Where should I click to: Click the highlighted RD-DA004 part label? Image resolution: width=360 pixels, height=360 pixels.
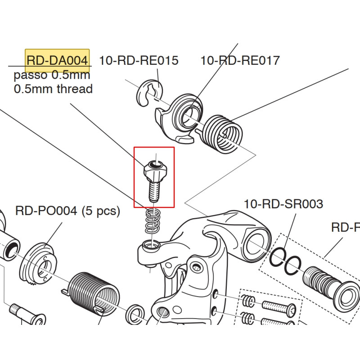click(57, 61)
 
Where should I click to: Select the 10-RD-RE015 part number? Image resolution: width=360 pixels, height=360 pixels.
click(139, 60)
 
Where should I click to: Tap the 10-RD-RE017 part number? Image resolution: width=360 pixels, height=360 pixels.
click(240, 60)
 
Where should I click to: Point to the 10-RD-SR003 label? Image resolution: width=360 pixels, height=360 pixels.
click(283, 204)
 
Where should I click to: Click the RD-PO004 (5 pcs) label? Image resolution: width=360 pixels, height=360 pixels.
click(67, 211)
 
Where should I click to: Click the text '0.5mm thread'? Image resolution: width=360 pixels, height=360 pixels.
click(53, 89)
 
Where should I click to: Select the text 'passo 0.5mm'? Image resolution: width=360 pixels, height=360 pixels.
click(52, 75)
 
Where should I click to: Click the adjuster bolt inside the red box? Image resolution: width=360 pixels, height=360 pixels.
click(154, 178)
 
